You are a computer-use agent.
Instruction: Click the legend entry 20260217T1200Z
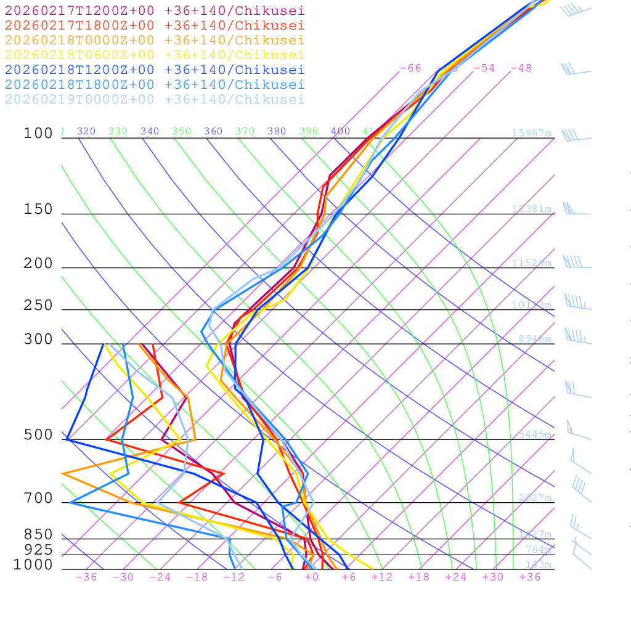(155, 11)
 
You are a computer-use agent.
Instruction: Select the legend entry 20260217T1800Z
(155, 26)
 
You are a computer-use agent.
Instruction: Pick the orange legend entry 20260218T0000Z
(155, 41)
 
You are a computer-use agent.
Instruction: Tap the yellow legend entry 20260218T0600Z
(155, 55)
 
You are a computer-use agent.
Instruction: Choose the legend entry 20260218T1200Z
(155, 70)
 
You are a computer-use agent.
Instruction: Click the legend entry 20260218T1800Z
(155, 85)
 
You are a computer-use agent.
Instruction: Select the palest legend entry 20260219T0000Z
(155, 100)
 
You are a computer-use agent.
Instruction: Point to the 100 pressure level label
(39, 134)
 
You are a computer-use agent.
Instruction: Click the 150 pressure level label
(39, 210)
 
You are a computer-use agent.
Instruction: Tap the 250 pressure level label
(39, 306)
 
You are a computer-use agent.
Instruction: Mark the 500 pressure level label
(39, 435)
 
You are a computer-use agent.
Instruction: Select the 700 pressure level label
(39, 499)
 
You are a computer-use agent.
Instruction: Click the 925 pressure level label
(39, 550)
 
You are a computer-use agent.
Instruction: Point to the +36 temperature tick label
(530, 577)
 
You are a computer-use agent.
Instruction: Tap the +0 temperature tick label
(312, 577)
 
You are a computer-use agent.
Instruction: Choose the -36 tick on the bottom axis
(86, 577)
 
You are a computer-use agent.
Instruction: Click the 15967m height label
(532, 133)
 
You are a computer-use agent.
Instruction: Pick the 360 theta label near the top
(213, 131)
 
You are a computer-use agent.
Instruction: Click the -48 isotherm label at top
(521, 68)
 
